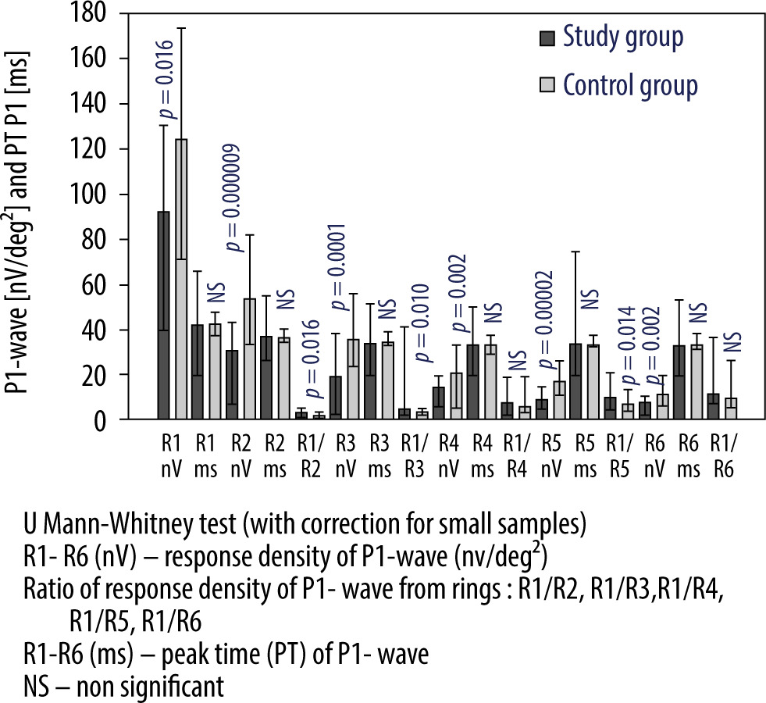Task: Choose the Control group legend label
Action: coord(630,84)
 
